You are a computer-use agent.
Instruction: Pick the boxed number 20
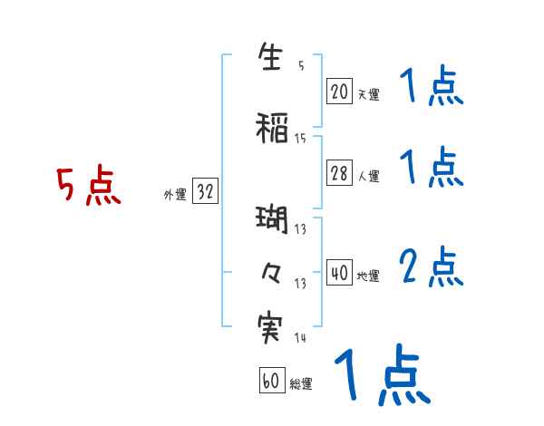click(x=339, y=92)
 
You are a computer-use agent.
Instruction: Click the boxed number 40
click(x=339, y=274)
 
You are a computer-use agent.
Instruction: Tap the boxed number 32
click(x=205, y=192)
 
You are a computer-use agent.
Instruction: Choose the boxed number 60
click(x=271, y=382)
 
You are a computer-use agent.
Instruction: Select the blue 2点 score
click(x=432, y=267)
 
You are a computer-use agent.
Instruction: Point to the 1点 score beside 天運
click(x=432, y=89)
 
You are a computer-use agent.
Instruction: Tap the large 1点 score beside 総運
click(x=382, y=374)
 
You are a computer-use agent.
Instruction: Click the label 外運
click(x=175, y=194)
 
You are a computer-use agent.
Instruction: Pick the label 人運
click(x=369, y=177)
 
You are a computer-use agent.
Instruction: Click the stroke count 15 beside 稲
click(x=300, y=138)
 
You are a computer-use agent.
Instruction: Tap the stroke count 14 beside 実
click(x=300, y=338)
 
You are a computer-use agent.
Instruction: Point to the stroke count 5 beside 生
click(x=300, y=65)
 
